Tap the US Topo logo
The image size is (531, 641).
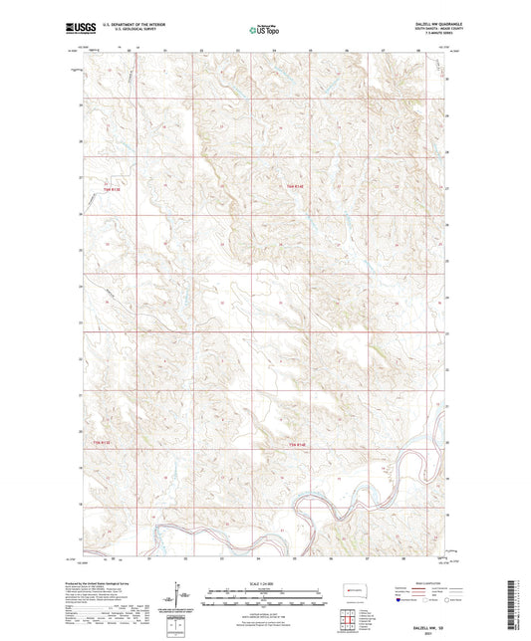tap(263, 30)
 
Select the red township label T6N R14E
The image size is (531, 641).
tap(289, 184)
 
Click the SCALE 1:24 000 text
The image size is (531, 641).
tap(265, 582)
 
